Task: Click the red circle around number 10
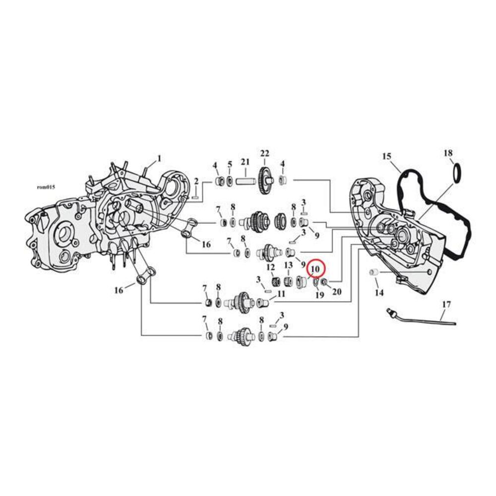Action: click(316, 268)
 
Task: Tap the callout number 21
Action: click(245, 162)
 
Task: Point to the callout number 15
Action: click(387, 157)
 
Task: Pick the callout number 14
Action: click(379, 294)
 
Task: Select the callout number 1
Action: click(159, 158)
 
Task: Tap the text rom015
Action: click(46, 187)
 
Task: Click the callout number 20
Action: click(336, 292)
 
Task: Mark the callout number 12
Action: click(271, 267)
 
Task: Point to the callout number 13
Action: click(288, 266)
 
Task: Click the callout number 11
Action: click(281, 294)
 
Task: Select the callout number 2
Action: click(196, 182)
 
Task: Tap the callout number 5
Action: click(230, 164)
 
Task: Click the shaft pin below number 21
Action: click(244, 180)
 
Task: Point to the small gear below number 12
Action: click(276, 283)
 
